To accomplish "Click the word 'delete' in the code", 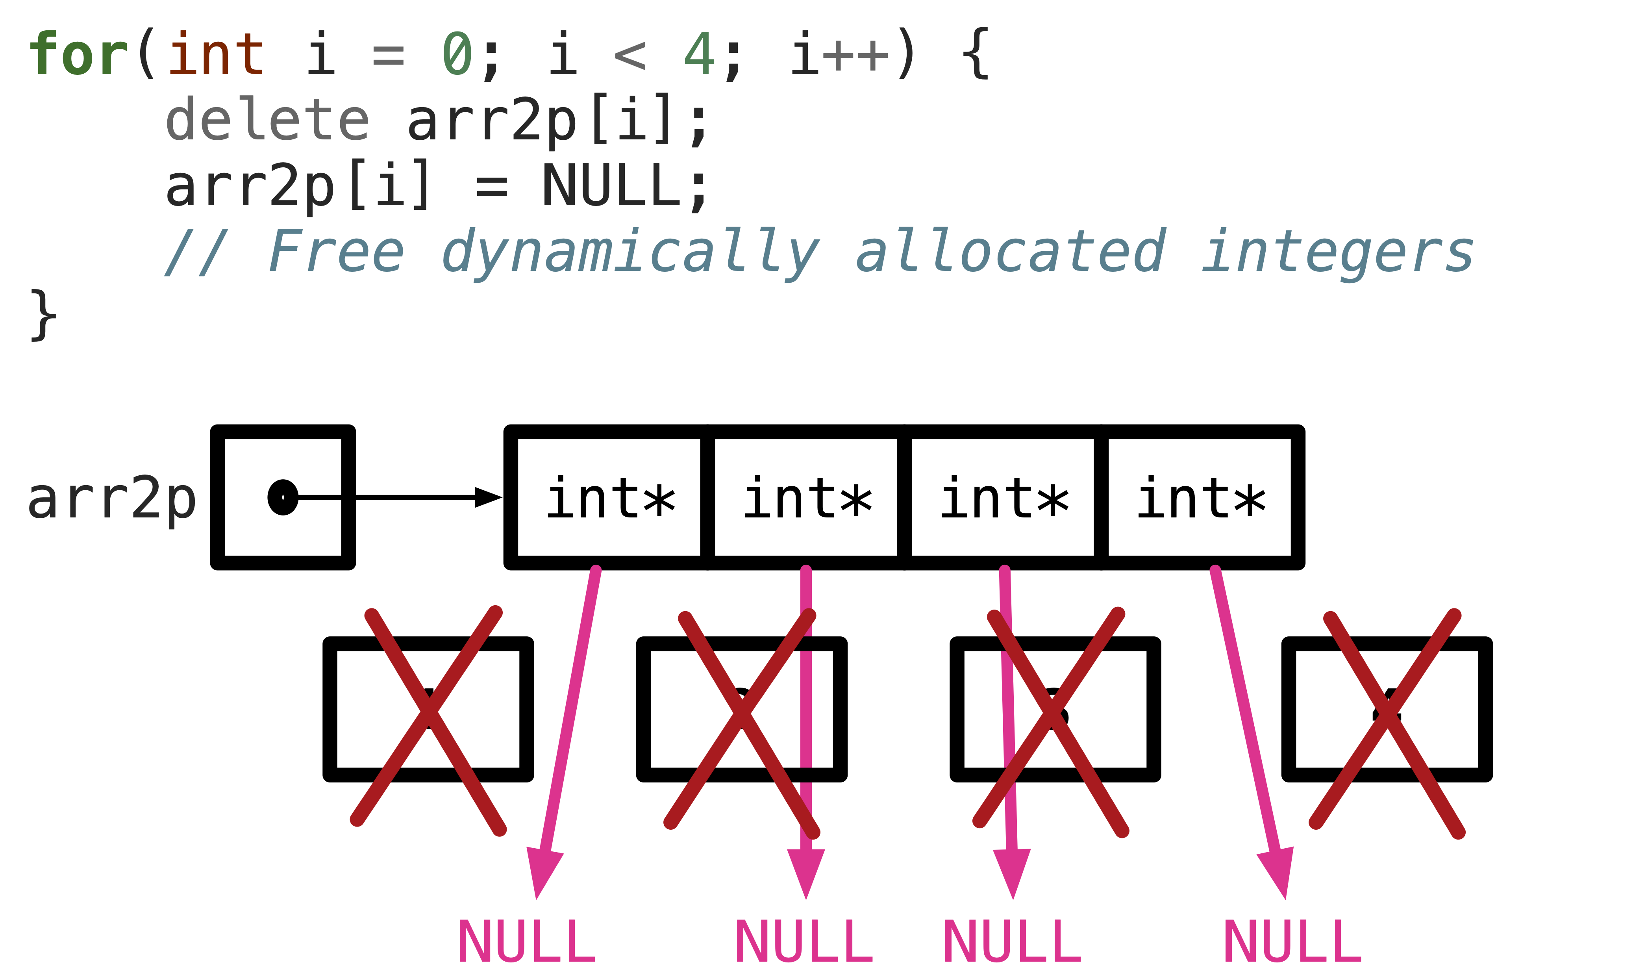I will (x=267, y=120).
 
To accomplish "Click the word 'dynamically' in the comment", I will (x=631, y=252).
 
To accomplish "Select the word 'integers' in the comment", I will (x=1337, y=252).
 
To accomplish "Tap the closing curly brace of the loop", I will (x=43, y=315).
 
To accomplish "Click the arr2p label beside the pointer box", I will (x=112, y=499).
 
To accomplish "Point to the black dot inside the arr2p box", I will (x=283, y=497).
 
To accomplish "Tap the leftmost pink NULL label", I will (x=527, y=942).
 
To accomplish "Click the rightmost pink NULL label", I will (x=1292, y=942).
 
